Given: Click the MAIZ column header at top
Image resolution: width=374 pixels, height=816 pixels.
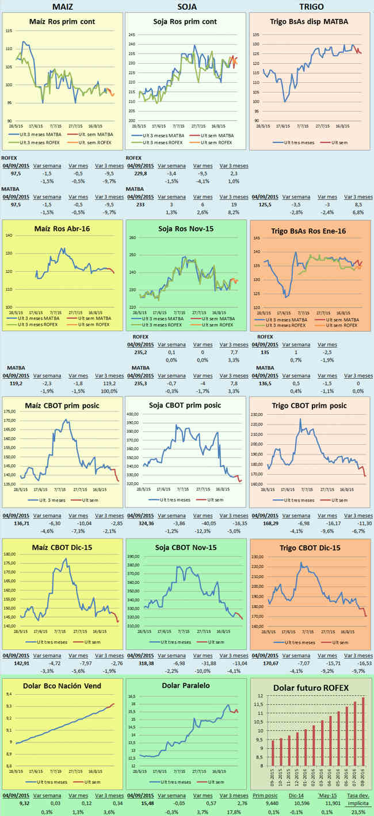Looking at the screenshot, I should pos(62,6).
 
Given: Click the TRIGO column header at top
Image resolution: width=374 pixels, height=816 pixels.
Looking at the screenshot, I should pos(311,6).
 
